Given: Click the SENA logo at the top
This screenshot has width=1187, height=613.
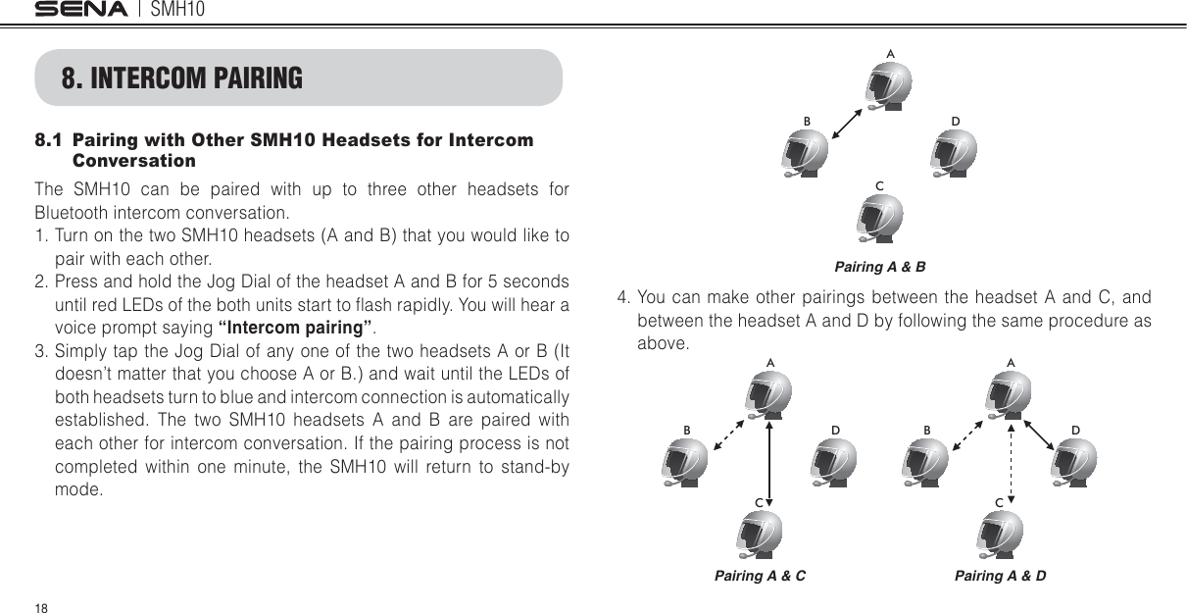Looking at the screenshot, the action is coord(81,10).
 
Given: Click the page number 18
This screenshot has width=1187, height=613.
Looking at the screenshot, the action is coord(40,607).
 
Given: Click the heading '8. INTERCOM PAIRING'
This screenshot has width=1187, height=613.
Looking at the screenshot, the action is coord(182,77).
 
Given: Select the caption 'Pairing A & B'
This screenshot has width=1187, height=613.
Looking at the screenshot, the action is coord(879,267).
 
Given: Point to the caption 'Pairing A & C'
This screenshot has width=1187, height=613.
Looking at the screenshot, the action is coord(760,576).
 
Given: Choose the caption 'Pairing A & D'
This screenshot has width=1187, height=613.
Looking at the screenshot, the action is coord(1000,576).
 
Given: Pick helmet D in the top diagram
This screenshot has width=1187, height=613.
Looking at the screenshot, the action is coord(954,156).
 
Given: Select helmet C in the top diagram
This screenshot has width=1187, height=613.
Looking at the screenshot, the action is coord(880,219).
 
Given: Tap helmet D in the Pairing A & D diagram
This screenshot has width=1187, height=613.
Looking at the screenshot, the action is coord(1074,463).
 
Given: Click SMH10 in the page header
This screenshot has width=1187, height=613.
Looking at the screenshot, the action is coord(183,10).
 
